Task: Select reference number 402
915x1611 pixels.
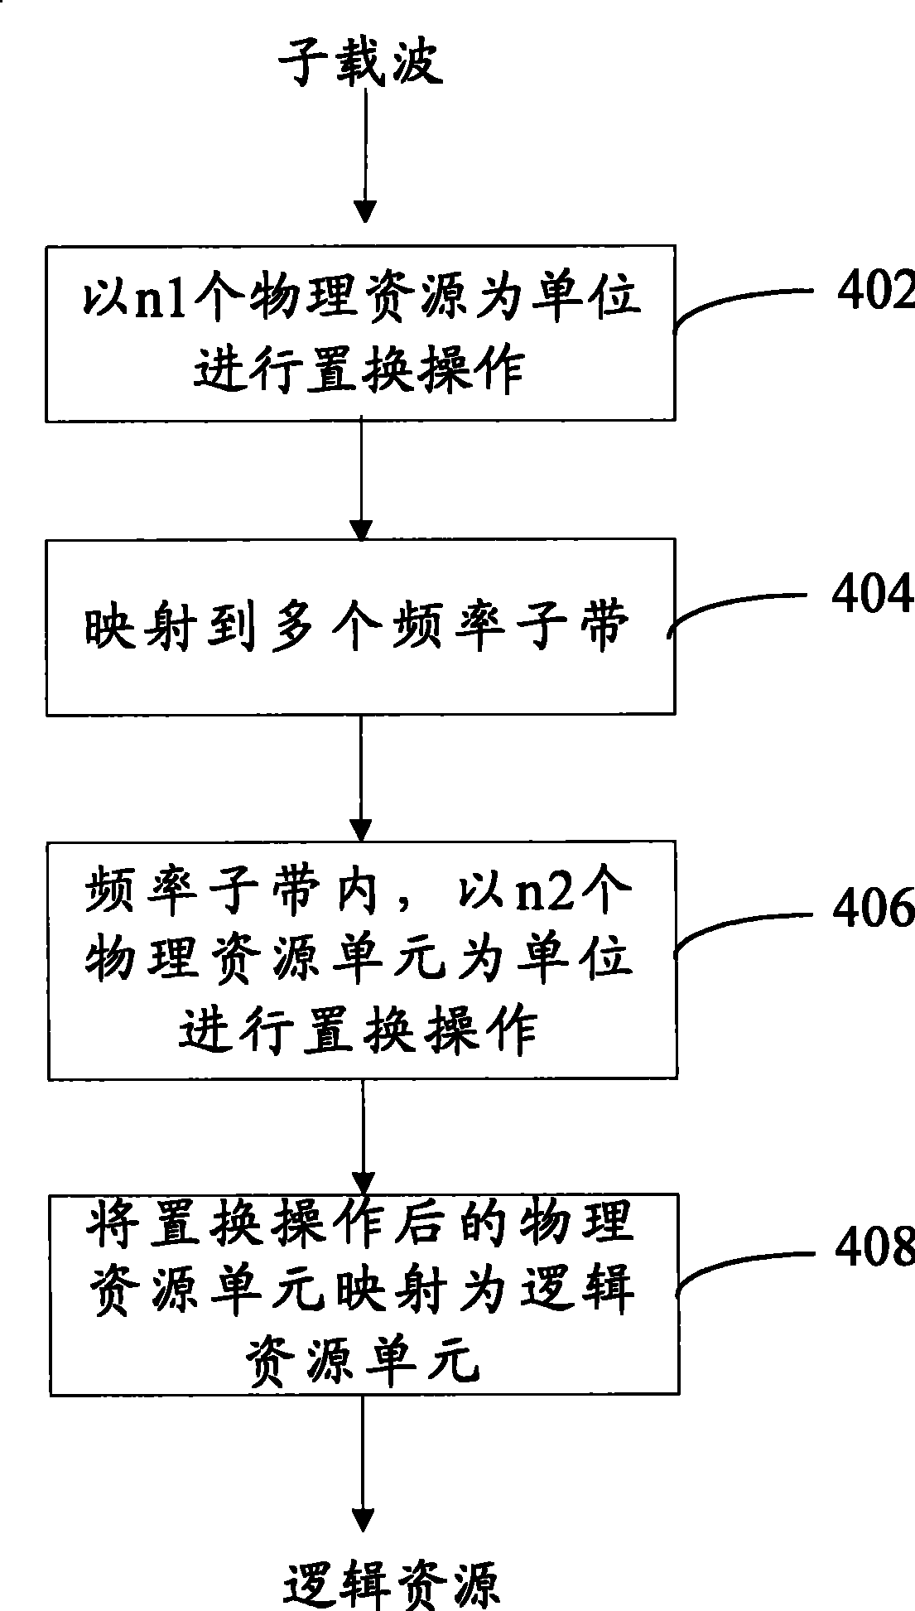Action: click(x=874, y=291)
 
